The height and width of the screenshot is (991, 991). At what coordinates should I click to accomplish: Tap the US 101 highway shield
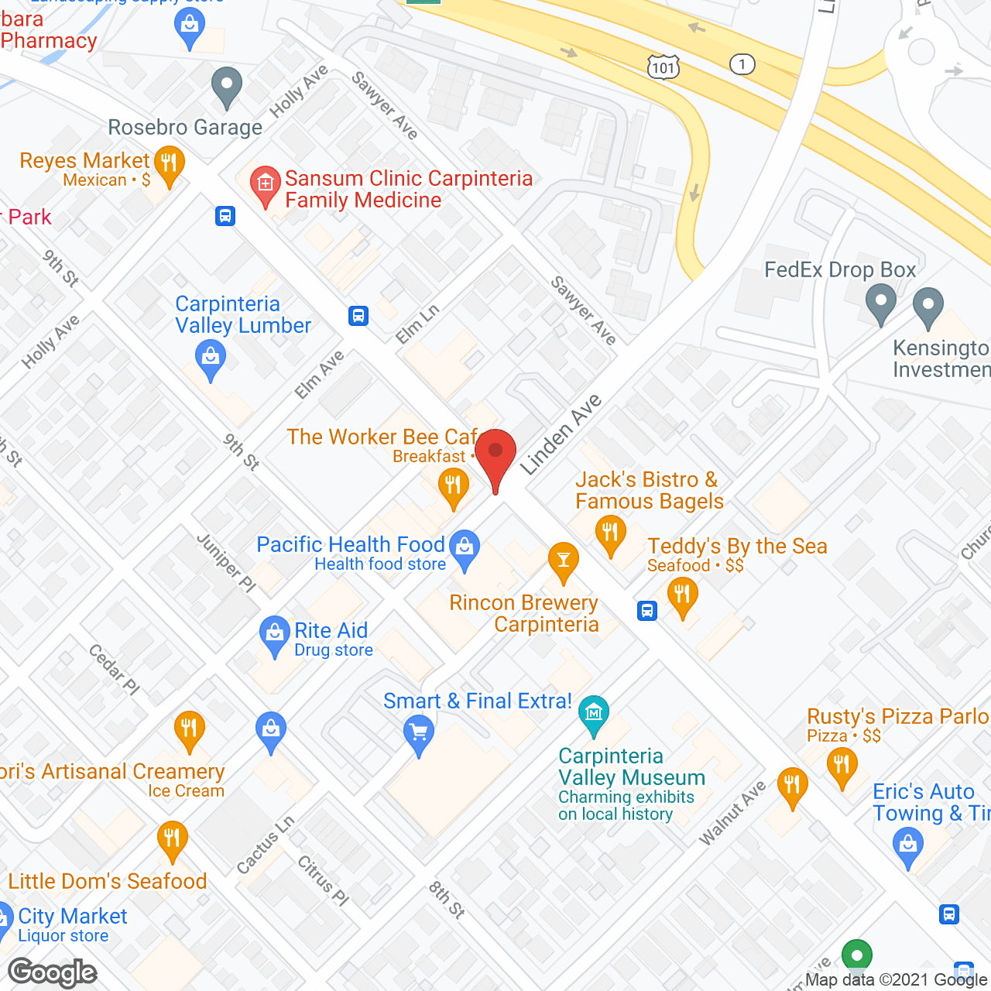tap(664, 67)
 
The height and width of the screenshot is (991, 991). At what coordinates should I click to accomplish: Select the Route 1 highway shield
tap(742, 64)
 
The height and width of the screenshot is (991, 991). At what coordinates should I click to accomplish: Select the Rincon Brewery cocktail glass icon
tap(564, 561)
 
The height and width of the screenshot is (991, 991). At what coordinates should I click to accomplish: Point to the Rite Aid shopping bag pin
tap(274, 634)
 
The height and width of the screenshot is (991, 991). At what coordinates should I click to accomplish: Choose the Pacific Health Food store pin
tap(465, 548)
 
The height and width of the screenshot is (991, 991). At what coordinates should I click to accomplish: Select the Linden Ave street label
tap(561, 434)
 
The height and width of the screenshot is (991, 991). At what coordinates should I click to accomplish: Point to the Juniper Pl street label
tap(226, 563)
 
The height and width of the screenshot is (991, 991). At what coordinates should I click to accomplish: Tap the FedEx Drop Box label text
tap(840, 269)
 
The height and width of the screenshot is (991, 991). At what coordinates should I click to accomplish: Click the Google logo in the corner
tap(53, 972)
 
